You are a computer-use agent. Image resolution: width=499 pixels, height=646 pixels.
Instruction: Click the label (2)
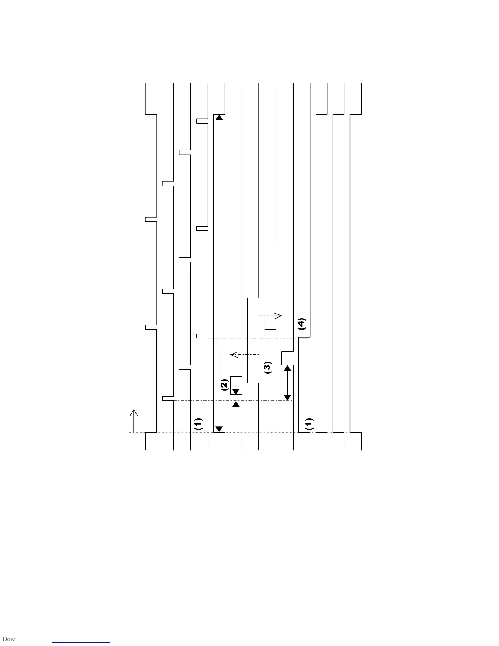tap(224, 385)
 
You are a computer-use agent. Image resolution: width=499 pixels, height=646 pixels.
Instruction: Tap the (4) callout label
tap(301, 324)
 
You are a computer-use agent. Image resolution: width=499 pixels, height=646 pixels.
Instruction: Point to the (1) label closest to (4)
tap(309, 424)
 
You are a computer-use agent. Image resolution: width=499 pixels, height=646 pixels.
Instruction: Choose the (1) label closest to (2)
tap(198, 424)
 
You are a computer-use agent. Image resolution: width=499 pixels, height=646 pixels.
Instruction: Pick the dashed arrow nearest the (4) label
tap(270, 316)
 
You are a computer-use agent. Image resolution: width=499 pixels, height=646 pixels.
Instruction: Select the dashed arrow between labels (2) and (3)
tap(245, 354)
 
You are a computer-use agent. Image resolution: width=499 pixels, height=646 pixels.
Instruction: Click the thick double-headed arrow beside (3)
tap(287, 383)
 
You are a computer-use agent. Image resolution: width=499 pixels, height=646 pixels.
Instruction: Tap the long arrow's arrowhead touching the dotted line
tap(219, 429)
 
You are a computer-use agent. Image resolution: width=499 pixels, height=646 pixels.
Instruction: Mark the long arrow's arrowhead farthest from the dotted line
tap(219, 117)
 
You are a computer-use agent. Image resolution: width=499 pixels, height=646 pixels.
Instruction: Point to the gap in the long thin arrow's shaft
tap(219, 288)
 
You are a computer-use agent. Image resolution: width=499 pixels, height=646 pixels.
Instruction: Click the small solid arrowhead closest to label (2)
tap(236, 392)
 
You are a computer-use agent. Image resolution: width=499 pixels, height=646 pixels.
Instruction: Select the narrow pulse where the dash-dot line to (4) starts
tap(202, 336)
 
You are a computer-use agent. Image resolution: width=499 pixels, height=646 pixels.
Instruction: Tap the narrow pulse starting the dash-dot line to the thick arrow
tap(168, 398)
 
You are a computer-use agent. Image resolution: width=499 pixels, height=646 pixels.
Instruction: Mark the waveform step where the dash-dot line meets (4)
tap(305, 338)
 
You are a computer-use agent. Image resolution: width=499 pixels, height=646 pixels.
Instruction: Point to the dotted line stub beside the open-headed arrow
tap(130, 432)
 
